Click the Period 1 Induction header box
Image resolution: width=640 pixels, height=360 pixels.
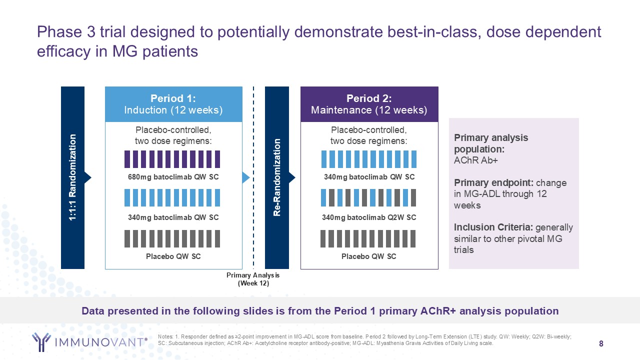[x=173, y=104]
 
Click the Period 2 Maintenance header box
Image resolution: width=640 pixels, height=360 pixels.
[x=369, y=104]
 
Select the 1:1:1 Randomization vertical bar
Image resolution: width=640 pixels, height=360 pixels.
[x=72, y=177]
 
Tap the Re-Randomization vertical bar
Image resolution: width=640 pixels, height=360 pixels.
[x=276, y=177]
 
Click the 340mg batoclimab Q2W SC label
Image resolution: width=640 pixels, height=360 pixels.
[x=369, y=217]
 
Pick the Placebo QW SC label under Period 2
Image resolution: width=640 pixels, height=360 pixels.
[x=369, y=256]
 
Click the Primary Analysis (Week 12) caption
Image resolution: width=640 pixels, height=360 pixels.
[x=253, y=279]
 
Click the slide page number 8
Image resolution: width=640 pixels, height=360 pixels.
[x=601, y=343]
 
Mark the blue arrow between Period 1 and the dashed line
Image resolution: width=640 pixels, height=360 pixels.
[x=245, y=177]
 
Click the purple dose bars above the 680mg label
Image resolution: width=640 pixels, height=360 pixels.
[x=172, y=159]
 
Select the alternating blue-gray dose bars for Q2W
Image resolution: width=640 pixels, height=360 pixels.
[x=369, y=197]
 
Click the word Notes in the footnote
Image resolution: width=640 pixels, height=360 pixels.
[x=165, y=336]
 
